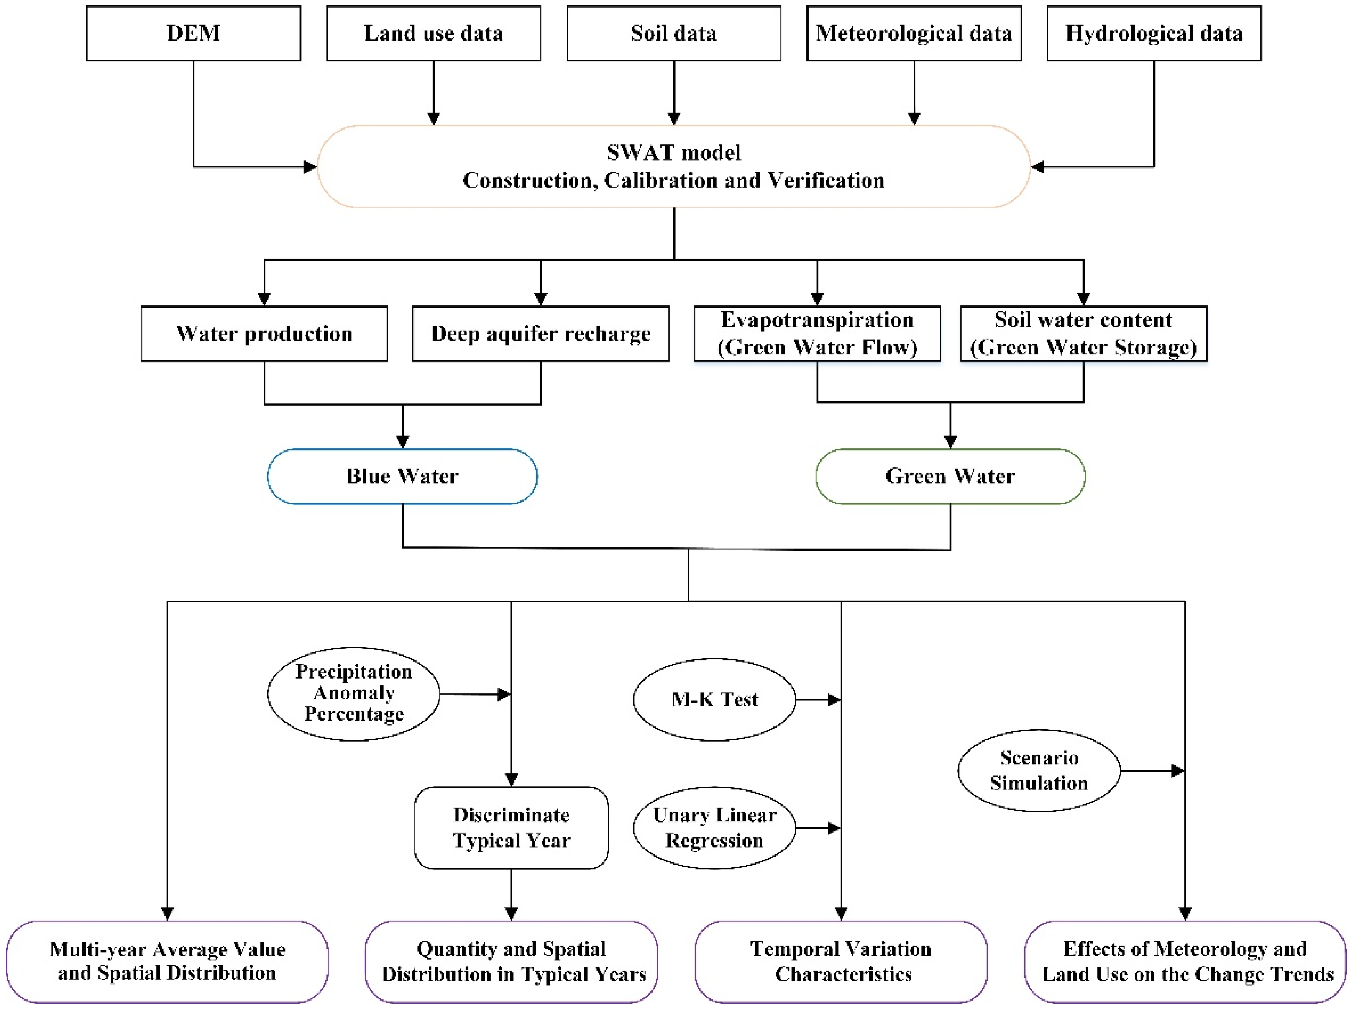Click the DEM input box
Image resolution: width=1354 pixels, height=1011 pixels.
coord(193,33)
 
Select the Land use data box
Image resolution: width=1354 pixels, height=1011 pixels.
coord(434,33)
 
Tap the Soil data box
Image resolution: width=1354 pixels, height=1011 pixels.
coord(674,33)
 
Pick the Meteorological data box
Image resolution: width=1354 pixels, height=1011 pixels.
coord(914,33)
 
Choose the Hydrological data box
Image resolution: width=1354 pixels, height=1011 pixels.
coord(1154,33)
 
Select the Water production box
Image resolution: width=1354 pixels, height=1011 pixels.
coord(264,334)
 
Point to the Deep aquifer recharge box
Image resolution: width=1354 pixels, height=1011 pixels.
coord(540,334)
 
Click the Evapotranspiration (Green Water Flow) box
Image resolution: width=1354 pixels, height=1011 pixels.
coord(817,334)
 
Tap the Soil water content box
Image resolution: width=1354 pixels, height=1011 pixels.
coord(1084,334)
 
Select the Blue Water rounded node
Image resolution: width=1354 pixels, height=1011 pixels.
coord(402,476)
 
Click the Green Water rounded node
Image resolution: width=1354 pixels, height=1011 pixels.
coord(950,476)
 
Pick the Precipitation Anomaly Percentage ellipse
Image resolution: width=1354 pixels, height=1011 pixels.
coord(353,693)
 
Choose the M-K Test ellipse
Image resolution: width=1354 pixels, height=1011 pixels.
coord(714,700)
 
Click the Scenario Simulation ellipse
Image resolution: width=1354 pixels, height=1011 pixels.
coord(1039,770)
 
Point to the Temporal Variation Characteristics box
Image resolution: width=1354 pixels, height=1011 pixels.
coord(841,962)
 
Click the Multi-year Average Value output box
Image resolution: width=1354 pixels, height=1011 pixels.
coord(167,962)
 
